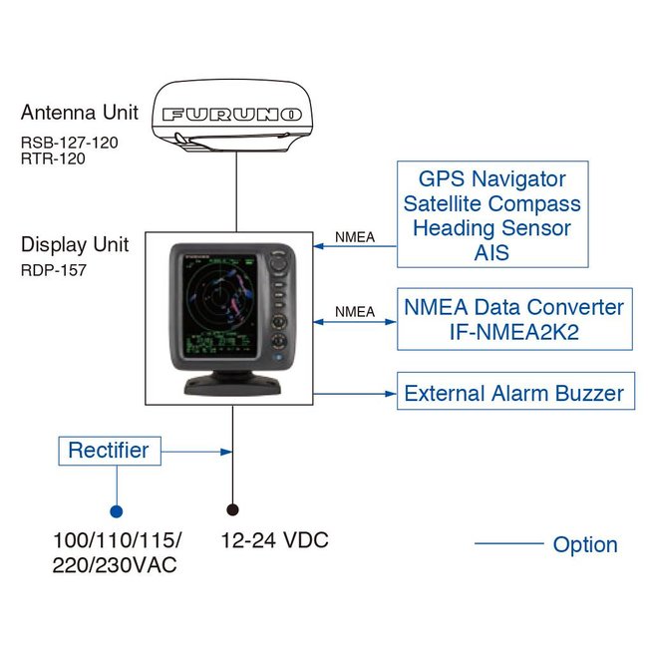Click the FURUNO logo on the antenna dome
[231, 116]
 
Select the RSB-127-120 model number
[69, 142]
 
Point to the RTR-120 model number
[53, 158]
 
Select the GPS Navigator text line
[491, 179]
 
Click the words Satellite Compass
[491, 204]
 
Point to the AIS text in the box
[491, 253]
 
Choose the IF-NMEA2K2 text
[513, 332]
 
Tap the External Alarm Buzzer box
[513, 393]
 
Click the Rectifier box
[108, 451]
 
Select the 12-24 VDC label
[274, 541]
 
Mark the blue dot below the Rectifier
[116, 511]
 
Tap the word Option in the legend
[585, 544]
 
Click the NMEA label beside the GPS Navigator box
[355, 237]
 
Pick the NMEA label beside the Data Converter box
[355, 312]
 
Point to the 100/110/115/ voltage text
[117, 541]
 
